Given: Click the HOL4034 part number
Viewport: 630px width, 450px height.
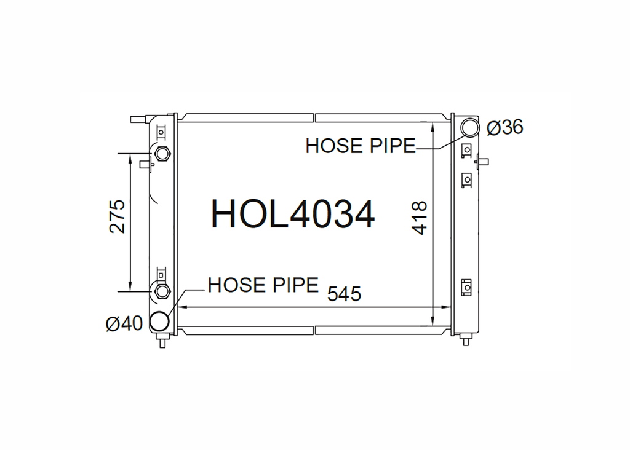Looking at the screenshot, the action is pyautogui.click(x=293, y=214).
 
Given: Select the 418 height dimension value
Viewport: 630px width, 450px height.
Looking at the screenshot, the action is pyautogui.click(x=419, y=218).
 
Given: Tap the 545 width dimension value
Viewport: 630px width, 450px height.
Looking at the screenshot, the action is pyautogui.click(x=344, y=293).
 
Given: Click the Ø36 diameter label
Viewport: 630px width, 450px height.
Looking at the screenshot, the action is pyautogui.click(x=504, y=127).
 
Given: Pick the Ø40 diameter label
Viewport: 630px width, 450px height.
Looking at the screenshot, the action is pyautogui.click(x=124, y=323).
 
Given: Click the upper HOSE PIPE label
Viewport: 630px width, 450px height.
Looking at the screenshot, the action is pyautogui.click(x=361, y=146).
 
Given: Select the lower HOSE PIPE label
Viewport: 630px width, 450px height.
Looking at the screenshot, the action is pyautogui.click(x=263, y=285).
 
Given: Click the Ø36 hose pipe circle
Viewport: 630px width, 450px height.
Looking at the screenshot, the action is pyautogui.click(x=469, y=127).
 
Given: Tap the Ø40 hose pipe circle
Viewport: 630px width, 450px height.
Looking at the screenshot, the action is pyautogui.click(x=159, y=321).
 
